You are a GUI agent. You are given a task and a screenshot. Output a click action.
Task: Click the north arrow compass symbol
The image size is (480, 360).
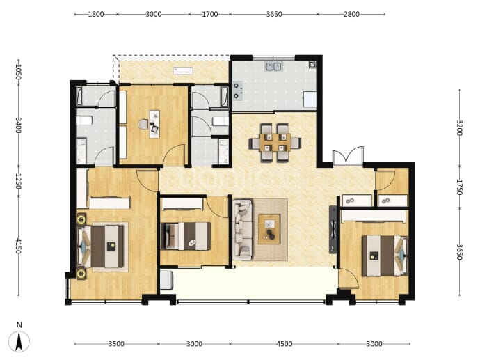(x=19, y=341)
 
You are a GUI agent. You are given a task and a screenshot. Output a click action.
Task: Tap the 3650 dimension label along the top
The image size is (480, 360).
(x=274, y=14)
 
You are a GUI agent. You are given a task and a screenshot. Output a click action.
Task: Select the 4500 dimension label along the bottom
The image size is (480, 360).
(x=284, y=344)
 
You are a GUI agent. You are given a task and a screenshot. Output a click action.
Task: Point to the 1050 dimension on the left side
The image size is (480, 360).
(x=18, y=72)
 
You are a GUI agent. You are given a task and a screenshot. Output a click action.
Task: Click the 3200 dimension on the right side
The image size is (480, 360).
(x=460, y=127)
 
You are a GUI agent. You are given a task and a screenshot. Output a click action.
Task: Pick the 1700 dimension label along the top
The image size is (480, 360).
(x=209, y=14)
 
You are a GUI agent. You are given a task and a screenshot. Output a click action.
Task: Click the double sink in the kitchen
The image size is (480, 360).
(x=273, y=66)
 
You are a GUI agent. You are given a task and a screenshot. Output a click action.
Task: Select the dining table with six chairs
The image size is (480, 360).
(x=275, y=143)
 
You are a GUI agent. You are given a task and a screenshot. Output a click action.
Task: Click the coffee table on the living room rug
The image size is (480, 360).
(x=269, y=229)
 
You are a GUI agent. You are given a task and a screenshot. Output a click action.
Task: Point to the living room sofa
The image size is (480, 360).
(x=243, y=230)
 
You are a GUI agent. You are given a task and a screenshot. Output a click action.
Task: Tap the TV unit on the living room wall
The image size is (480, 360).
(x=333, y=230)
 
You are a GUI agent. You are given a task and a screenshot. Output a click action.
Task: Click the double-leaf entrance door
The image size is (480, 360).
(x=348, y=157)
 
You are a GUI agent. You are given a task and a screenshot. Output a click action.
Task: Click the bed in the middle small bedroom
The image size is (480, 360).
(x=186, y=236)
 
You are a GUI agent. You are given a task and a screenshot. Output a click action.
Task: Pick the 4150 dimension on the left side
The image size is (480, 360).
(x=18, y=246)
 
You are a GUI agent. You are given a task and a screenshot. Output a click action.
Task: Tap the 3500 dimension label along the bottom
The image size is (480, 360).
(x=116, y=344)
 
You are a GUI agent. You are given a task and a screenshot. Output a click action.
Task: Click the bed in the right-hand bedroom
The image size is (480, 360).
(x=385, y=256)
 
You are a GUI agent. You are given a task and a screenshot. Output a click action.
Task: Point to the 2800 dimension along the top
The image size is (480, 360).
(x=351, y=14)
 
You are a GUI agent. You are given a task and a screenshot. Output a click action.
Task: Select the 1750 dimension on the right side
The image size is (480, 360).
(x=460, y=187)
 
